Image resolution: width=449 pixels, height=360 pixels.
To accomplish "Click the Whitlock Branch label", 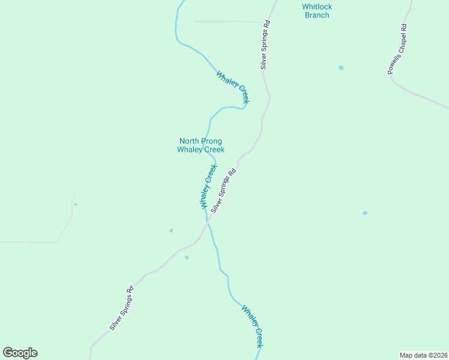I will point(317,11).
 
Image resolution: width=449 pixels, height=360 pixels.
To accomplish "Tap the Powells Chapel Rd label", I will point(397,49).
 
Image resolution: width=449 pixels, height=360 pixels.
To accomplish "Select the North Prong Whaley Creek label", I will point(200,145).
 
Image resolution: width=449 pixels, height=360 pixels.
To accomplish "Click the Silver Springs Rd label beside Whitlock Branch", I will point(265,45).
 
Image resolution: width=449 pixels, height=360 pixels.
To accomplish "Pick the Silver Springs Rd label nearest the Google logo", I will point(121,308).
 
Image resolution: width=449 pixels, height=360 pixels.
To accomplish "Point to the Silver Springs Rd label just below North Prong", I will point(223,188).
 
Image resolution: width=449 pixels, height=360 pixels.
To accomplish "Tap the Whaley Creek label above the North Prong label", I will point(232,88).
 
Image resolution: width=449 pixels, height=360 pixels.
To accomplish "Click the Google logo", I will point(20,353).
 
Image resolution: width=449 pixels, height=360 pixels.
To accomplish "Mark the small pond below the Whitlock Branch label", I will point(341,68).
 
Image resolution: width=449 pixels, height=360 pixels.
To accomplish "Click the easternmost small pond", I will point(364,213).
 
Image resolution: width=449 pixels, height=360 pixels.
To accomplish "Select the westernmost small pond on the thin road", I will point(76,205).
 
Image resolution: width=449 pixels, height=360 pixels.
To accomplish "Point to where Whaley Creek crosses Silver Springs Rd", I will point(208,223).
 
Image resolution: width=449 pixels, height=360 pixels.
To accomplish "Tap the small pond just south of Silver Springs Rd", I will point(187,258).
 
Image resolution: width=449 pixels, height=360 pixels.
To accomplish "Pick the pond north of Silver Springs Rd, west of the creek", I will point(172,230).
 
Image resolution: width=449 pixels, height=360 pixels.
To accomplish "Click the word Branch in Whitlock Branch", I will point(317,15).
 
